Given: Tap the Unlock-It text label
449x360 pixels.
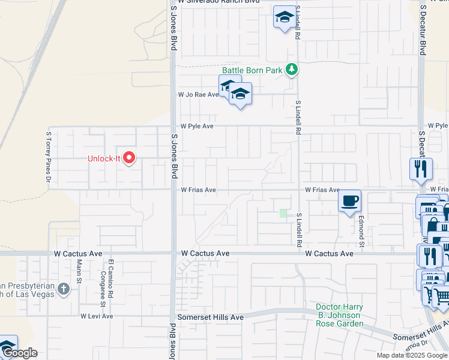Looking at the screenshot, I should click(x=105, y=159).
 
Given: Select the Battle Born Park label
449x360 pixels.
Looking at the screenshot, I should click(x=252, y=70).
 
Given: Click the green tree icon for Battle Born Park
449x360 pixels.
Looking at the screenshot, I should click(x=292, y=70).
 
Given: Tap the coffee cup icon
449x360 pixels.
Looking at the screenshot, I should click(x=349, y=200).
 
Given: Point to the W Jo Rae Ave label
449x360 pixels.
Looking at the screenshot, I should click(x=197, y=95).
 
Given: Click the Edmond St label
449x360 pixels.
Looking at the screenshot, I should click(x=362, y=230).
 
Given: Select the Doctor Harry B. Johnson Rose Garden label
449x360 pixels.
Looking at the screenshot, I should click(x=340, y=316).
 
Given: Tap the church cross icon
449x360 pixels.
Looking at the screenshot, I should click(x=64, y=290).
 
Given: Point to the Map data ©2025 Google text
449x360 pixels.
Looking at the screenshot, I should click(x=412, y=355).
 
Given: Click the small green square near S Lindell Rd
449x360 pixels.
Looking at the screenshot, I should click(x=283, y=214).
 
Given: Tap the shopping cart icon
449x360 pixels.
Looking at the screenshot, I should click(x=441, y=296).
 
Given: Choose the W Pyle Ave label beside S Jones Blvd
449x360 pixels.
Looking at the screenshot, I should click(x=197, y=127).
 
